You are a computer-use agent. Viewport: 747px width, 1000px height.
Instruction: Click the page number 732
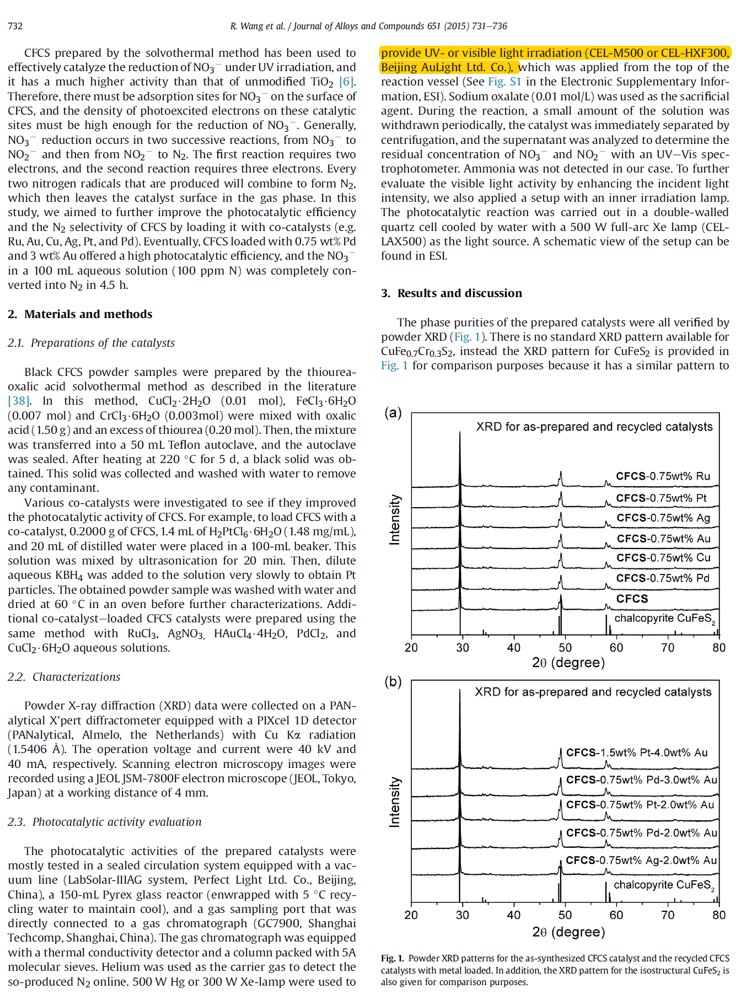(x=15, y=26)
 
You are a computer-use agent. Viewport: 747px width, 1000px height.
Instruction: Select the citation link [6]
(x=346, y=82)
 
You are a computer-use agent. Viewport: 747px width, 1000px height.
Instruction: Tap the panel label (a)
(x=393, y=413)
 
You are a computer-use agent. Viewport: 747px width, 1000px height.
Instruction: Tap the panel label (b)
(x=393, y=682)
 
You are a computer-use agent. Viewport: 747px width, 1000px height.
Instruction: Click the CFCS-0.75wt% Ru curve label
(x=663, y=476)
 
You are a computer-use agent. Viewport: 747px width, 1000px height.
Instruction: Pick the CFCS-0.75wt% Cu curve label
(x=663, y=558)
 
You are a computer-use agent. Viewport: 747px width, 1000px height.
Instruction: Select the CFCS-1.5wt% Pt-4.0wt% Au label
(x=637, y=753)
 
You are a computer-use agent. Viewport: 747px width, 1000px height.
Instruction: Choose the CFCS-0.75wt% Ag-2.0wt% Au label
(x=641, y=861)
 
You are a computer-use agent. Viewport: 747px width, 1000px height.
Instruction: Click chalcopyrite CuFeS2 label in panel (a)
(x=664, y=619)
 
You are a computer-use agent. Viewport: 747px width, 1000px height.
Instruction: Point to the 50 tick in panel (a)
(x=565, y=648)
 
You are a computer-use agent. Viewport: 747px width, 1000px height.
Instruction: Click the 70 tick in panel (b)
(x=668, y=915)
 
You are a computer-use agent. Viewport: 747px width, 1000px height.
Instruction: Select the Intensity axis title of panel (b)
(x=395, y=802)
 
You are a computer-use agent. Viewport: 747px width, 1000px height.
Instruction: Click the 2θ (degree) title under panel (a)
(x=568, y=663)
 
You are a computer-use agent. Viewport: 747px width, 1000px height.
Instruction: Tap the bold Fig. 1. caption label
(x=393, y=959)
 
